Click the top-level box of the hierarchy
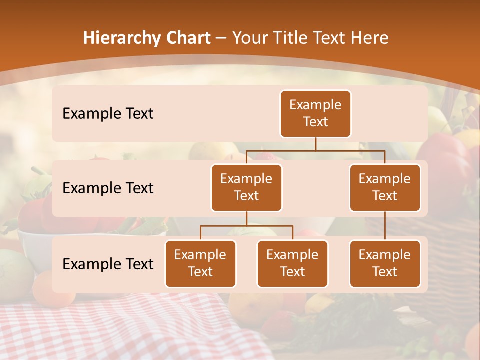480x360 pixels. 315,113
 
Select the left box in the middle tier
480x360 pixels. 246,187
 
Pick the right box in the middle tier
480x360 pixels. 385,187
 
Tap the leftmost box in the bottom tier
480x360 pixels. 200,263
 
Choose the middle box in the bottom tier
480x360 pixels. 292,263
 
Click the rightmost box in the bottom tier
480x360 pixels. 385,263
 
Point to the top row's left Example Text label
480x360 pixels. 108,114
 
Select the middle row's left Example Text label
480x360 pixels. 108,188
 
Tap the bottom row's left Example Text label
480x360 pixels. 108,264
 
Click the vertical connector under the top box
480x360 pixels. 315,144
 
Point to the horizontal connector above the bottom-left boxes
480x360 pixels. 246,226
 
